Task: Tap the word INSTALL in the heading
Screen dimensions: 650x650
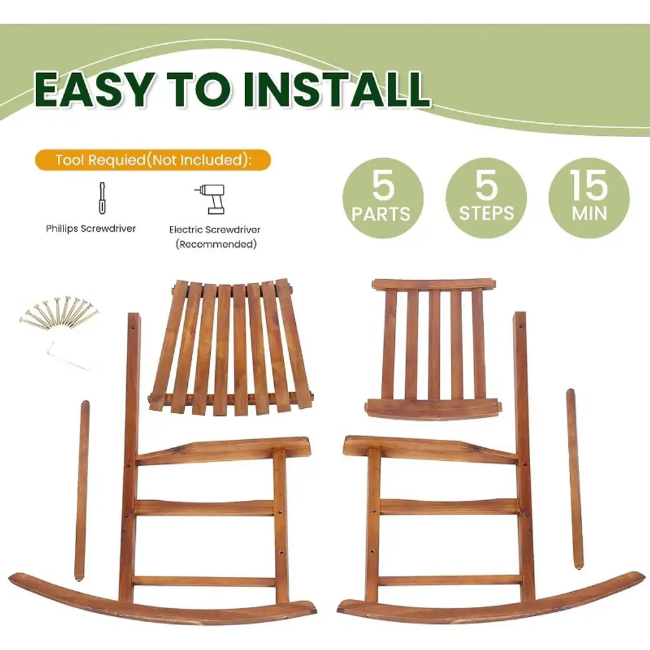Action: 336,90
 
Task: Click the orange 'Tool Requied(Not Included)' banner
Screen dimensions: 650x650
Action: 153,160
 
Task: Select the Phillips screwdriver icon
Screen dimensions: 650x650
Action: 102,198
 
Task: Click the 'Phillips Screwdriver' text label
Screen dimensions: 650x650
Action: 91,229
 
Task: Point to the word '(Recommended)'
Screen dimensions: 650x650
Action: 216,244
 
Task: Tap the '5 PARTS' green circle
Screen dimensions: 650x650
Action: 383,198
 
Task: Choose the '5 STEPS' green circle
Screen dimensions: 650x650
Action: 486,198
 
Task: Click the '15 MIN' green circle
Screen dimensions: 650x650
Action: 588,198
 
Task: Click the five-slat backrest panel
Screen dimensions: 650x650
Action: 433,349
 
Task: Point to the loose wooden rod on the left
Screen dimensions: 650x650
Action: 82,490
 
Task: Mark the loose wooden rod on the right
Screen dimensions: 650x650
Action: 574,479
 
